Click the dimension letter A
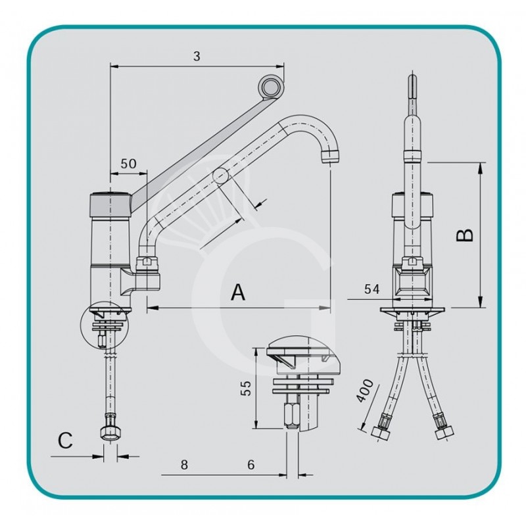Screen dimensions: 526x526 (x=238, y=293)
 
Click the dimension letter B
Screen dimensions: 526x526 (x=465, y=235)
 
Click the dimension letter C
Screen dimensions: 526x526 (x=64, y=441)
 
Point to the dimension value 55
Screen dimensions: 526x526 (x=244, y=389)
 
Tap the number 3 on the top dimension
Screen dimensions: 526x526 (x=197, y=57)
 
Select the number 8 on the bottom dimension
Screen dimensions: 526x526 (x=184, y=464)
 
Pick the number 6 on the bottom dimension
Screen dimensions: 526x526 (x=251, y=464)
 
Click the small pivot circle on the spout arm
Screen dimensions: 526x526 (x=220, y=175)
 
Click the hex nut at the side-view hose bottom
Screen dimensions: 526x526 (x=108, y=433)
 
